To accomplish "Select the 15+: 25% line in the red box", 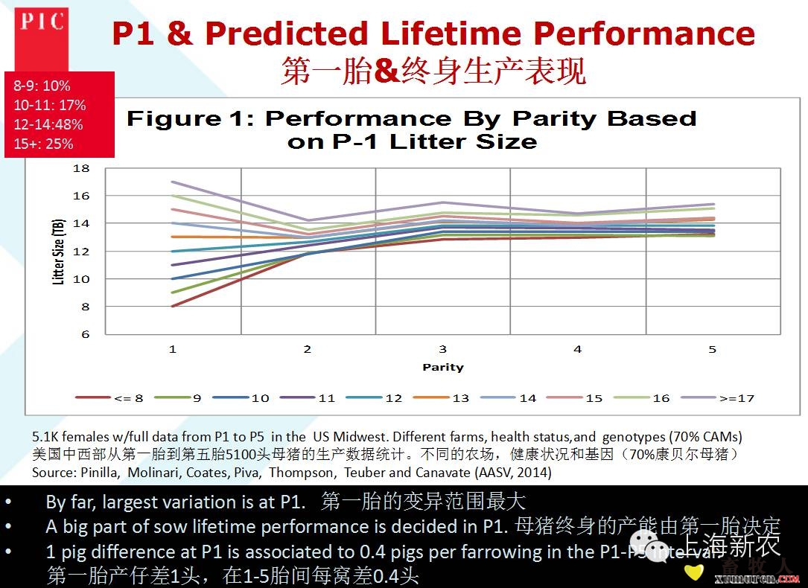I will (43, 144).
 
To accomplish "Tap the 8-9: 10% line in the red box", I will (42, 86).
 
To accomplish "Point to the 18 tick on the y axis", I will (80, 168).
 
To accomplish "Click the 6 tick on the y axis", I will (85, 334).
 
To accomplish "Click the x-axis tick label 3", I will (442, 348).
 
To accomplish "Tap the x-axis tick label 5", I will (712, 348).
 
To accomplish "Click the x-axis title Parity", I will (442, 367).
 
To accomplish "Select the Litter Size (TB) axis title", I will (58, 252).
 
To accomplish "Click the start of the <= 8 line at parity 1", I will (173, 306).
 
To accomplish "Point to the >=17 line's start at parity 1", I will (173, 182).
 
